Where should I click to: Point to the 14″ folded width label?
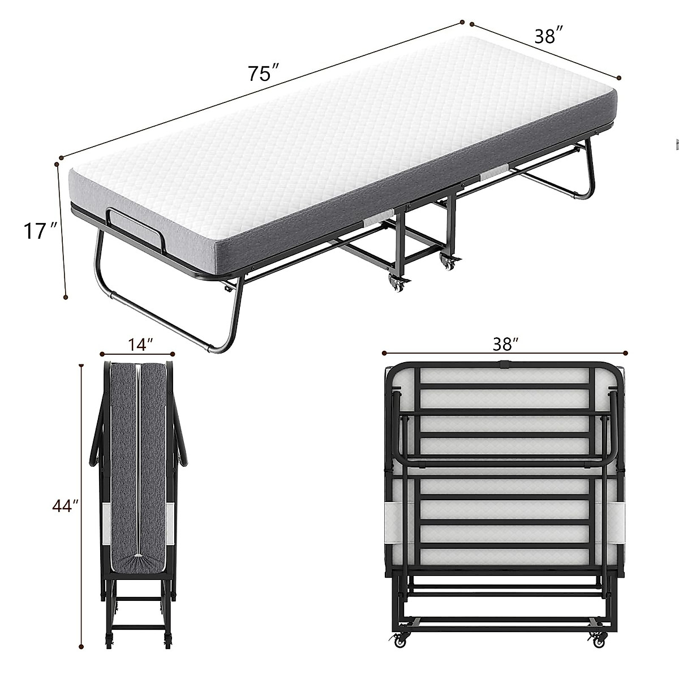click(x=137, y=344)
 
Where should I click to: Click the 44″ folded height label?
click(x=65, y=506)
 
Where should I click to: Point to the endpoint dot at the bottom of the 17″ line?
click(x=66, y=296)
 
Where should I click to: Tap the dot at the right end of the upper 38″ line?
click(x=619, y=78)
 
